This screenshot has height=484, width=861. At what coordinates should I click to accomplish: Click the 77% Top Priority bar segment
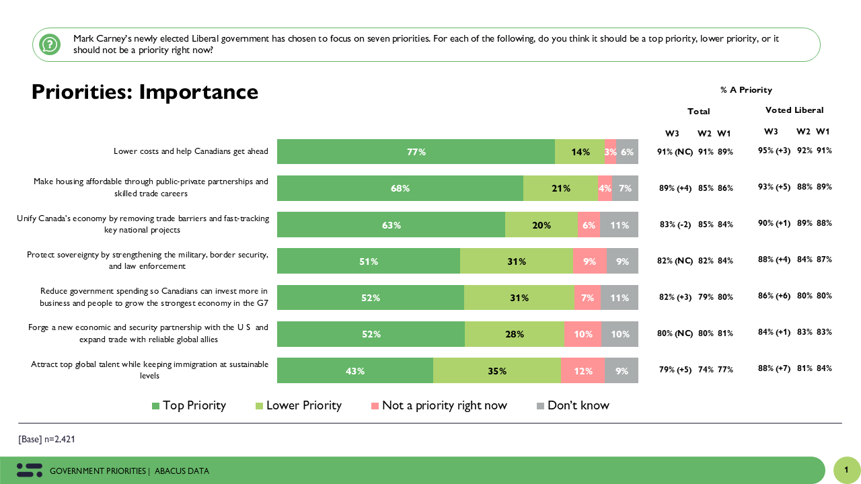(416, 152)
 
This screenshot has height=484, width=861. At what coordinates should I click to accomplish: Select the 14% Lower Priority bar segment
(580, 152)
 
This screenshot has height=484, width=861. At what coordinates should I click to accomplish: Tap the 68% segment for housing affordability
(400, 188)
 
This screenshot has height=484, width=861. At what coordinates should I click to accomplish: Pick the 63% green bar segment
(391, 225)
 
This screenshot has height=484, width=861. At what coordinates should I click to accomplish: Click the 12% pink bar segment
(583, 370)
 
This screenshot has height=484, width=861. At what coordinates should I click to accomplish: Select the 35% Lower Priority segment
(496, 370)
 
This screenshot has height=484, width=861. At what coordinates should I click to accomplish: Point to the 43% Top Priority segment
(354, 370)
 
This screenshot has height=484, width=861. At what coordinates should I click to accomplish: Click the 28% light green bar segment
(515, 334)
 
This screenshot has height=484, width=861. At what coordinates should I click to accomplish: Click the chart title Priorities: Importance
(145, 92)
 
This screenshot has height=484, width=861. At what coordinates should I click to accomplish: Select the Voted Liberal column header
(794, 110)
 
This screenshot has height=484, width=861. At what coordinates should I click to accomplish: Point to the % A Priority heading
(746, 90)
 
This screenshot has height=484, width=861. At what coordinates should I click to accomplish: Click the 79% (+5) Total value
(674, 369)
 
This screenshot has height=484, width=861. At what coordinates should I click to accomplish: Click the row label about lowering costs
(191, 151)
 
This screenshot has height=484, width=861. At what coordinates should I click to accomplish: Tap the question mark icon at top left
(49, 44)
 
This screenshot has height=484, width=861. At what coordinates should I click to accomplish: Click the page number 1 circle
(847, 470)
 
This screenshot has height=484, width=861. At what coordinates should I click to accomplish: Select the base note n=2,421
(47, 439)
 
